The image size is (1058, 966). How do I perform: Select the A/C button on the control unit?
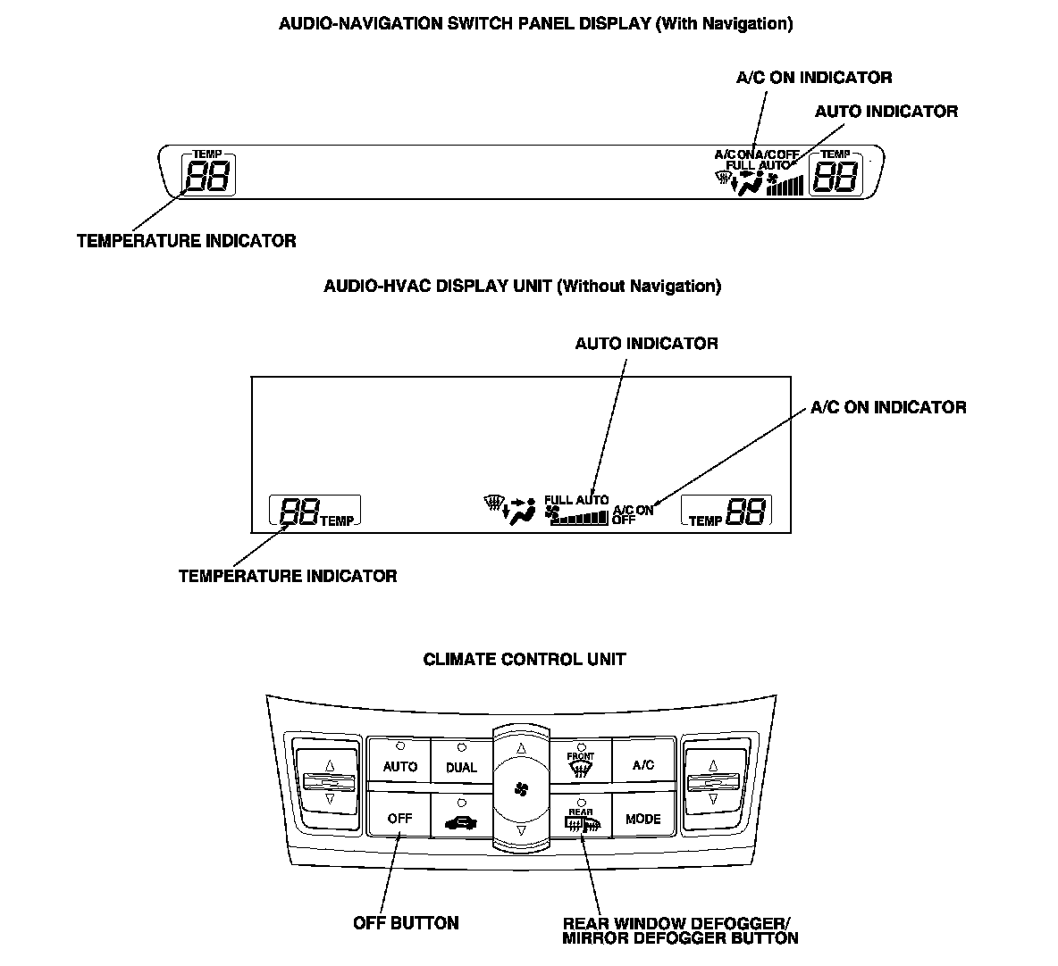point(642,764)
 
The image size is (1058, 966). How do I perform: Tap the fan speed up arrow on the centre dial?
point(522,748)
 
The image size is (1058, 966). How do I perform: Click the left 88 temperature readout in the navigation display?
point(208,177)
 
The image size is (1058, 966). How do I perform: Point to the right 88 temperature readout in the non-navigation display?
point(746,512)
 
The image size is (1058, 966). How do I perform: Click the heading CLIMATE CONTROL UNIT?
point(525,660)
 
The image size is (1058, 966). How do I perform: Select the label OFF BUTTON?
point(406,923)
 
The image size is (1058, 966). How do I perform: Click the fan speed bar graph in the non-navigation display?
point(579,517)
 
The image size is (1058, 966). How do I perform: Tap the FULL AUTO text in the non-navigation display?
point(576,500)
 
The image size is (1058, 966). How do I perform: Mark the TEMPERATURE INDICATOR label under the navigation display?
point(186,241)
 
